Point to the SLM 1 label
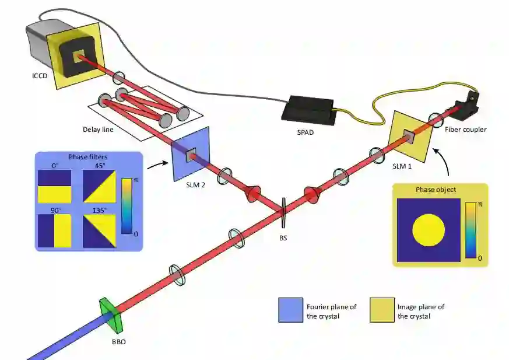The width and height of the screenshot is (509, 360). coord(402,167)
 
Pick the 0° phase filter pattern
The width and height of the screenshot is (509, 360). coord(54,186)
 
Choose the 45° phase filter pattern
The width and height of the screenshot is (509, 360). coord(99,186)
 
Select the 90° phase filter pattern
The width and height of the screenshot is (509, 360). coord(54,231)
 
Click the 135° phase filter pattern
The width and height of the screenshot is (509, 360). coord(99,231)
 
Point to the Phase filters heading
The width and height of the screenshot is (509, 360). coord(89,157)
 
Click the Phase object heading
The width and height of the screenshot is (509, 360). coord(435,190)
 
